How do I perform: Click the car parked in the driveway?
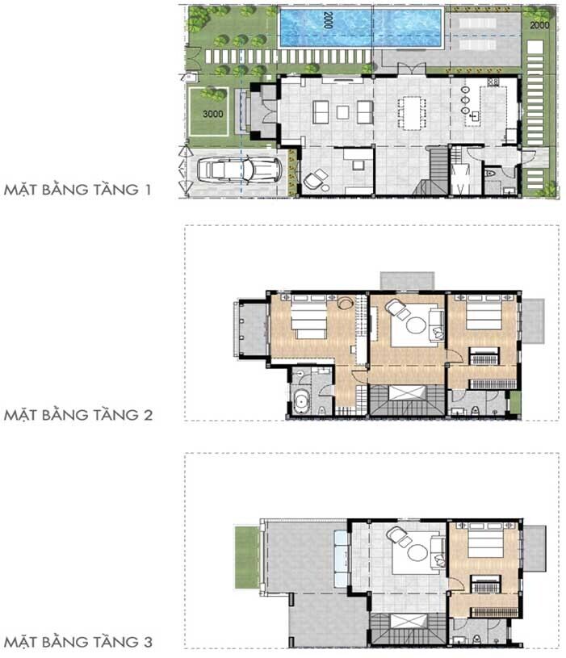[239, 169]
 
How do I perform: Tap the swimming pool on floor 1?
[361, 27]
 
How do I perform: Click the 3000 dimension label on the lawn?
[212, 114]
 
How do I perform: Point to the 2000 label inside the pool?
[328, 19]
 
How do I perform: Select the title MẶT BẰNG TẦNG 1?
[78, 189]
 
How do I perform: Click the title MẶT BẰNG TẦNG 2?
[78, 415]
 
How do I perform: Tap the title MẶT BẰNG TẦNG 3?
[78, 642]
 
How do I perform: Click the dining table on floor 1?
[412, 112]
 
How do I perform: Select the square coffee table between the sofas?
[343, 112]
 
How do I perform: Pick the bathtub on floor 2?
[301, 401]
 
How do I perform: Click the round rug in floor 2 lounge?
[415, 325]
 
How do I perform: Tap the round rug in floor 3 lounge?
[417, 552]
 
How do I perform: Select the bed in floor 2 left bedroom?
[308, 317]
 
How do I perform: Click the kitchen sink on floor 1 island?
[475, 116]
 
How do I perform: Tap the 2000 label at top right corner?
[539, 25]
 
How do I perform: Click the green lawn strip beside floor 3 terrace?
[247, 557]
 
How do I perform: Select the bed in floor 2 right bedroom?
[484, 312]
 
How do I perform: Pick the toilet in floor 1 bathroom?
[489, 173]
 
